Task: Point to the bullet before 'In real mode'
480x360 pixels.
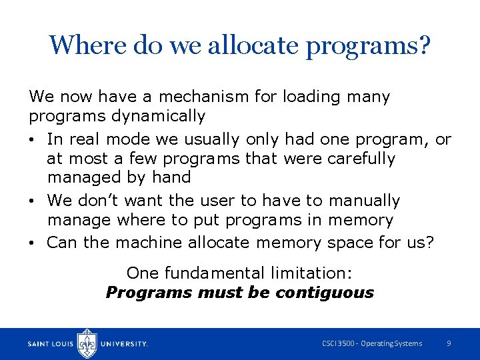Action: (x=33, y=140)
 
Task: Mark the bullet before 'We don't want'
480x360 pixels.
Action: (x=33, y=201)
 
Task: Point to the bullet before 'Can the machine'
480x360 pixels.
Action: (x=33, y=243)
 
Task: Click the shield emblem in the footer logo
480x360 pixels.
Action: (x=87, y=343)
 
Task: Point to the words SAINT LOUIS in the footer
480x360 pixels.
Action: (x=51, y=344)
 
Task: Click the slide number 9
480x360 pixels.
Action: (x=449, y=343)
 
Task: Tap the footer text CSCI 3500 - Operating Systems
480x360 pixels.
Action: (x=372, y=343)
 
